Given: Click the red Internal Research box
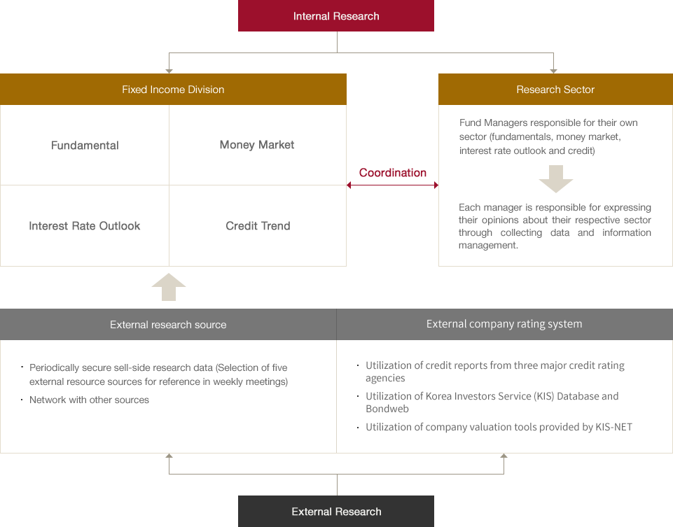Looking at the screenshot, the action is pyautogui.click(x=336, y=16).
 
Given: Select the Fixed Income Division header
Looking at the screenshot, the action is pyautogui.click(x=173, y=89).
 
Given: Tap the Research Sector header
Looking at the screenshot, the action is pyautogui.click(x=555, y=89).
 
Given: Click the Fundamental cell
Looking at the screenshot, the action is pyautogui.click(x=85, y=146).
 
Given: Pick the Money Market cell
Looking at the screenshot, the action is pyautogui.click(x=258, y=145).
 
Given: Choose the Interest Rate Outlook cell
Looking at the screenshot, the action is pyautogui.click(x=85, y=226).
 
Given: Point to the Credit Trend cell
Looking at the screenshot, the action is pyautogui.click(x=258, y=226).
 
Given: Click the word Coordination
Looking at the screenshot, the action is pyautogui.click(x=393, y=173).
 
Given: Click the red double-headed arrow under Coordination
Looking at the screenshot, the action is pyautogui.click(x=392, y=185).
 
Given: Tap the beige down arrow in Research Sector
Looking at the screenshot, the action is pyautogui.click(x=556, y=178).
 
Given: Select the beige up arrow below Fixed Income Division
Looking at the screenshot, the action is pyautogui.click(x=169, y=287).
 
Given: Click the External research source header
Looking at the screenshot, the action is pyautogui.click(x=168, y=325).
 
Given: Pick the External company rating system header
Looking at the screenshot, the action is pyautogui.click(x=505, y=324).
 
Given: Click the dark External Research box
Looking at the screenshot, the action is pyautogui.click(x=336, y=511).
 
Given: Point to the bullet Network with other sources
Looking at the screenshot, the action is pyautogui.click(x=89, y=400).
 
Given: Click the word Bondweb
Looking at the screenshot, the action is pyautogui.click(x=387, y=409).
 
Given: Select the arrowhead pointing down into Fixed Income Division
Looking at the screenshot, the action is pyautogui.click(x=169, y=71).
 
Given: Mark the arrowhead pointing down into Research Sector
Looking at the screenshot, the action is pyautogui.click(x=554, y=71).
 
